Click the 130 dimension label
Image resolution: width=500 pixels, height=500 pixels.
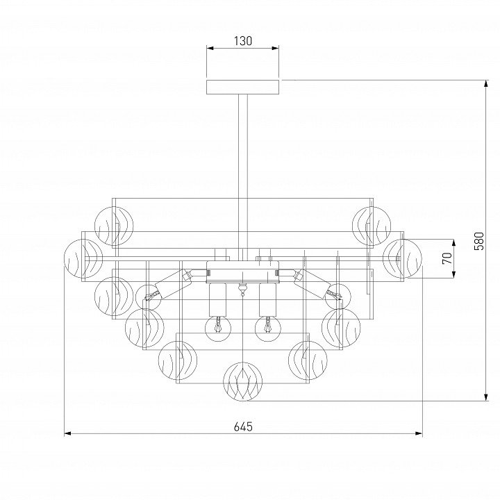click(x=243, y=41)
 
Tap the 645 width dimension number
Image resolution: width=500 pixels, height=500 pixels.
click(x=243, y=426)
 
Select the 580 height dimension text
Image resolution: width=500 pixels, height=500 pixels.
click(x=479, y=241)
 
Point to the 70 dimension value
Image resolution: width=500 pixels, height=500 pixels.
click(x=447, y=258)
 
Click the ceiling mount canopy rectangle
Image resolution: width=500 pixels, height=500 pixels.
click(x=242, y=87)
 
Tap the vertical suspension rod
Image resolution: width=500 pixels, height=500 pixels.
click(x=242, y=177)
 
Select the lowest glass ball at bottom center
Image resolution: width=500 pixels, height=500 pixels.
click(x=242, y=381)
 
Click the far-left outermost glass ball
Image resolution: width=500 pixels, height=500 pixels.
click(x=83, y=258)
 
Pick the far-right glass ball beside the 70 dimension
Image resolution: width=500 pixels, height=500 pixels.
click(x=402, y=258)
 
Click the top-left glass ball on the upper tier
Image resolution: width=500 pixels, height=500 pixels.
click(x=114, y=226)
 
